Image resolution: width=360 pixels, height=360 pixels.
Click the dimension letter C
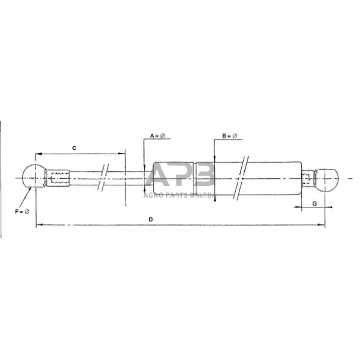pyautogui.click(x=74, y=148)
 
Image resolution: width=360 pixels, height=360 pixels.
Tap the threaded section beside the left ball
pyautogui.click(x=59, y=179)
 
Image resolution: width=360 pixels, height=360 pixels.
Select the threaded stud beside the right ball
pyautogui.click(x=309, y=179)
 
